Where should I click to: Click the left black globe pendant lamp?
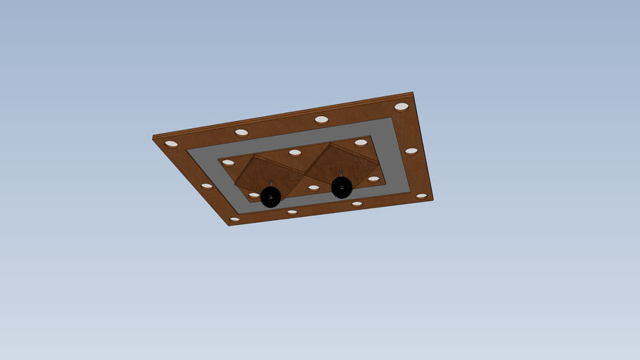coord(271,197)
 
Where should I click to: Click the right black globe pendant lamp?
coord(342,187)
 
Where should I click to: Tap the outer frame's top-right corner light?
coord(402,107)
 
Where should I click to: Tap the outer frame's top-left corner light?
coord(172,143)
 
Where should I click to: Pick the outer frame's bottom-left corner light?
coord(235,219)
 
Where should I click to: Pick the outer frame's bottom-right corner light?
coord(421,196)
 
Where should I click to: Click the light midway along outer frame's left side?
coord(207,186)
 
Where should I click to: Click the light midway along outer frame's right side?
coord(411,151)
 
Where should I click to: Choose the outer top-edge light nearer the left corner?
coord(241,132)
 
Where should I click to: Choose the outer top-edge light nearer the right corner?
coord(321,120)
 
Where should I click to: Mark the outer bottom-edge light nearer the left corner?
coord(292,212)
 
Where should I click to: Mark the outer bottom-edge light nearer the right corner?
coord(357,204)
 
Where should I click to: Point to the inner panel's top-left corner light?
coord(228,162)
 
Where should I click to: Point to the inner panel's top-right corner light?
coord(361,143)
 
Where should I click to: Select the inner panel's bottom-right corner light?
coord(373,179)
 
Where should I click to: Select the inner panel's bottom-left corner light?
coord(254,195)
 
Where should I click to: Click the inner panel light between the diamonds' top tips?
coord(295,153)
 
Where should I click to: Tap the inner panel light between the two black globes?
coord(314,188)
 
